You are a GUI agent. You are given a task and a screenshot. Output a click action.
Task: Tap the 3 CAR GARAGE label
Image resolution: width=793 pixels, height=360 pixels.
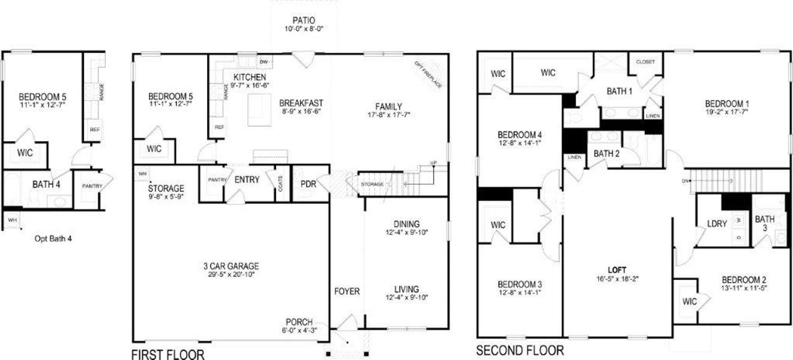[231, 266]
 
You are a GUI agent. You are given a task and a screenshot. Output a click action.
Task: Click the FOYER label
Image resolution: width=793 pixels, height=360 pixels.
[347, 292]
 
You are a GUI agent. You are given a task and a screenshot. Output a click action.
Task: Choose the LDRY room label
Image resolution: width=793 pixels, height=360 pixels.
[717, 223]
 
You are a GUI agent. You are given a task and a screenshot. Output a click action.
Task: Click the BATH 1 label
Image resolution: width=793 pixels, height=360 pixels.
[620, 91]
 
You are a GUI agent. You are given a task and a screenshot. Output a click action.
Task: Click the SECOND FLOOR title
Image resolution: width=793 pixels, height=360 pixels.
[520, 350]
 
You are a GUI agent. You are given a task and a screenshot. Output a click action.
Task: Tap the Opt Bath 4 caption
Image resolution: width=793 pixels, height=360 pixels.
[53, 238]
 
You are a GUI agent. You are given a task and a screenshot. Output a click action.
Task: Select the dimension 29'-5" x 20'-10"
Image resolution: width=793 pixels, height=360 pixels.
[231, 275]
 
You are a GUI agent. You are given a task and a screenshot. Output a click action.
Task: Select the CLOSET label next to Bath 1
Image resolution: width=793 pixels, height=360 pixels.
[645, 62]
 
